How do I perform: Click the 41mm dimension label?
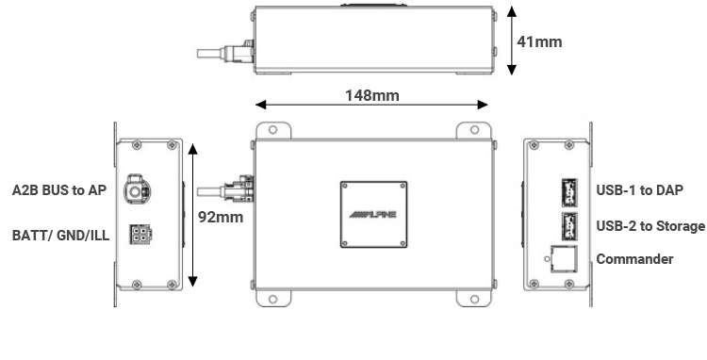(539, 41)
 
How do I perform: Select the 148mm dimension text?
(372, 95)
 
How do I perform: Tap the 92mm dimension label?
(221, 217)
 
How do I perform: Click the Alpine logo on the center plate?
(373, 215)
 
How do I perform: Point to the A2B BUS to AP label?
(59, 190)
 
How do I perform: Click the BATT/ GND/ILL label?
(61, 236)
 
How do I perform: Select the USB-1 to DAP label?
(639, 190)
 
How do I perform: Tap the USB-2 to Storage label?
(650, 226)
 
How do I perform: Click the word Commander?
(634, 259)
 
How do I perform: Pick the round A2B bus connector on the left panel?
(137, 190)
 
